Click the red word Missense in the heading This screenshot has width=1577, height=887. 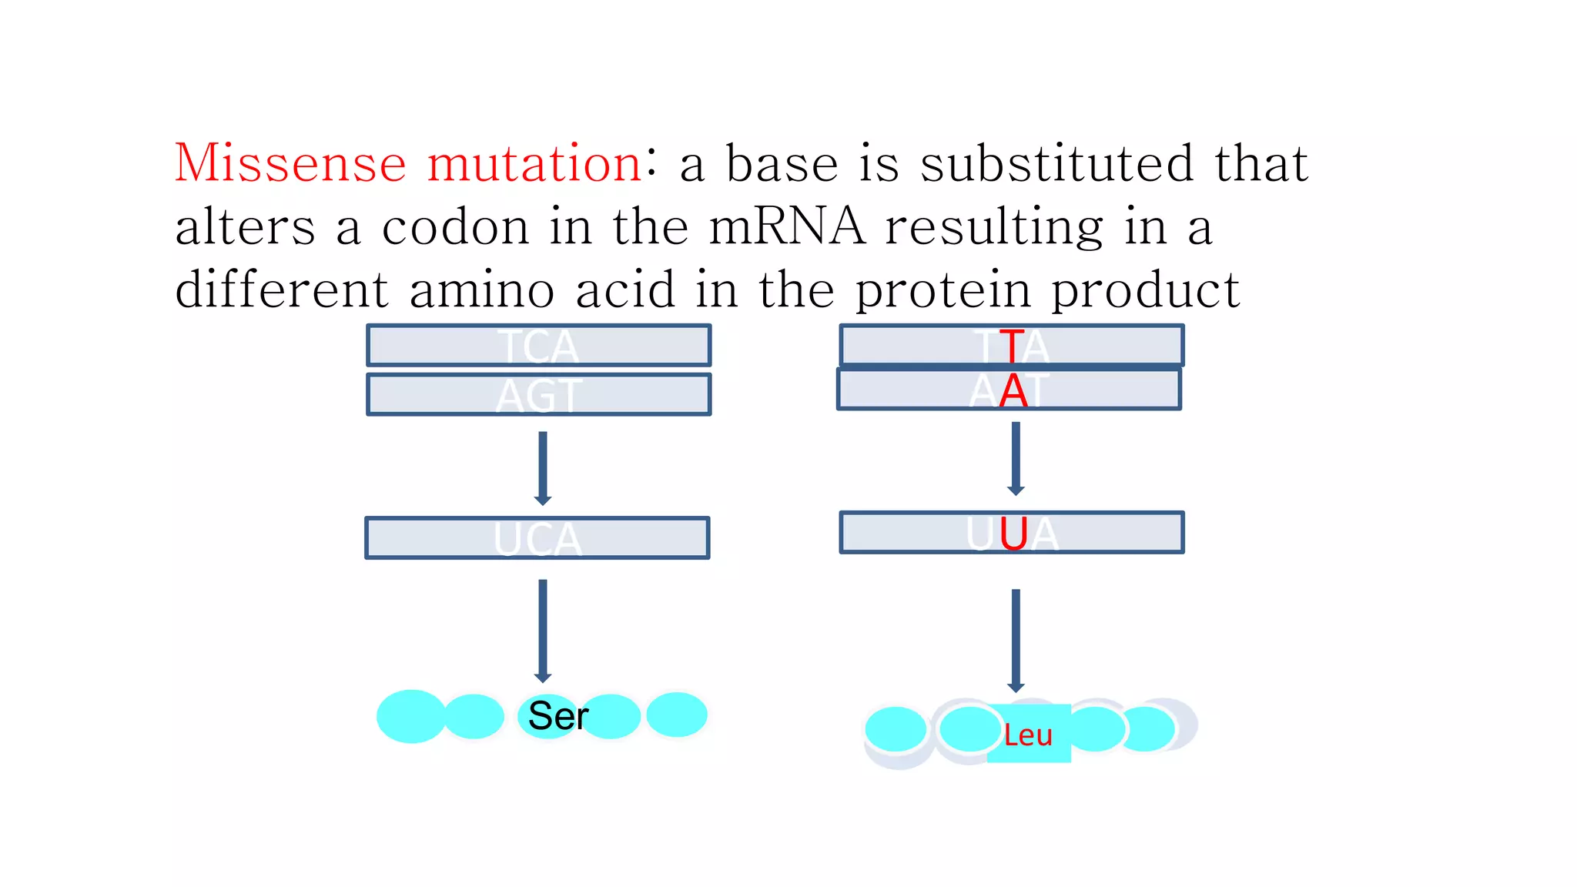(x=290, y=163)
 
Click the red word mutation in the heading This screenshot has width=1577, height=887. (x=534, y=163)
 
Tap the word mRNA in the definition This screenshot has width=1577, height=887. (x=786, y=227)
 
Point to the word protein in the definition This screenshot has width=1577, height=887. (x=943, y=290)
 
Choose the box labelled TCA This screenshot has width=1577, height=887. (x=538, y=345)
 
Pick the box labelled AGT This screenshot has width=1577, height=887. (x=538, y=394)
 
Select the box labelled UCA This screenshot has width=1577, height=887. (x=537, y=537)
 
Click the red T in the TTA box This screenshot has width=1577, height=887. (x=1013, y=346)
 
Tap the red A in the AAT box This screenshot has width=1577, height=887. (x=1013, y=390)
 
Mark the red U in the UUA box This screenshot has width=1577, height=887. (x=1013, y=533)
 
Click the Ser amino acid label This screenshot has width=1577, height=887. (x=558, y=716)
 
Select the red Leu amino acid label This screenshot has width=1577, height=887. (x=1028, y=735)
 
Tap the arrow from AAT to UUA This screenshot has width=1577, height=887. (x=1016, y=458)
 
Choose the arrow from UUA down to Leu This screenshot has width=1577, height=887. (x=1016, y=640)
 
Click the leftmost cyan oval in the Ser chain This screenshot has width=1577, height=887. (x=411, y=716)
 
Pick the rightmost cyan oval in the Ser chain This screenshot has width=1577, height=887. (x=676, y=715)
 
